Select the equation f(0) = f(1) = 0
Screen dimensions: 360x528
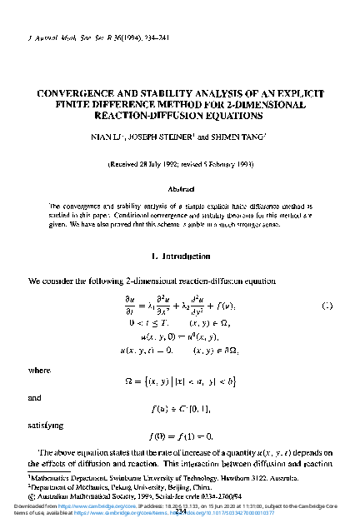181,436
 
